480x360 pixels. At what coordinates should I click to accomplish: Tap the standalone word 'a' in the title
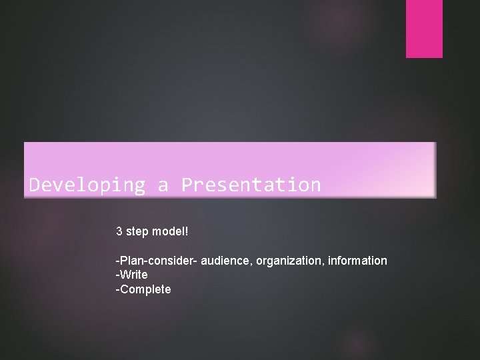pyautogui.click(x=163, y=185)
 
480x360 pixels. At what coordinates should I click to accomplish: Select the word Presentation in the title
pyautogui.click(x=251, y=185)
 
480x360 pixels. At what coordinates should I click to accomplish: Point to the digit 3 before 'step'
pyautogui.click(x=119, y=231)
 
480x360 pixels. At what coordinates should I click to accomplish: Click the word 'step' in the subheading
pyautogui.click(x=138, y=232)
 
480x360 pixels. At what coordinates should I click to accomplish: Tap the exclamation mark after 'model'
pyautogui.click(x=187, y=231)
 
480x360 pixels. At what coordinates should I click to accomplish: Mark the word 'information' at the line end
pyautogui.click(x=357, y=261)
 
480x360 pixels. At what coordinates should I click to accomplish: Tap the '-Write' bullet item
pyautogui.click(x=132, y=275)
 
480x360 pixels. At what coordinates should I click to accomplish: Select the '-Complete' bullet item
pyautogui.click(x=143, y=289)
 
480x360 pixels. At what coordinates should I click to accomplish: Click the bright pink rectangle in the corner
pyautogui.click(x=425, y=29)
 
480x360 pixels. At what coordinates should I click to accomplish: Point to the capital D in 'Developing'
pyautogui.click(x=35, y=185)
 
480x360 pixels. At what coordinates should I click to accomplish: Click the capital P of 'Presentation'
pyautogui.click(x=187, y=185)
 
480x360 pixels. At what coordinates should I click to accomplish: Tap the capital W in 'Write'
pyautogui.click(x=125, y=275)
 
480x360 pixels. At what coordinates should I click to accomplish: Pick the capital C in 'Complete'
pyautogui.click(x=124, y=289)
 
